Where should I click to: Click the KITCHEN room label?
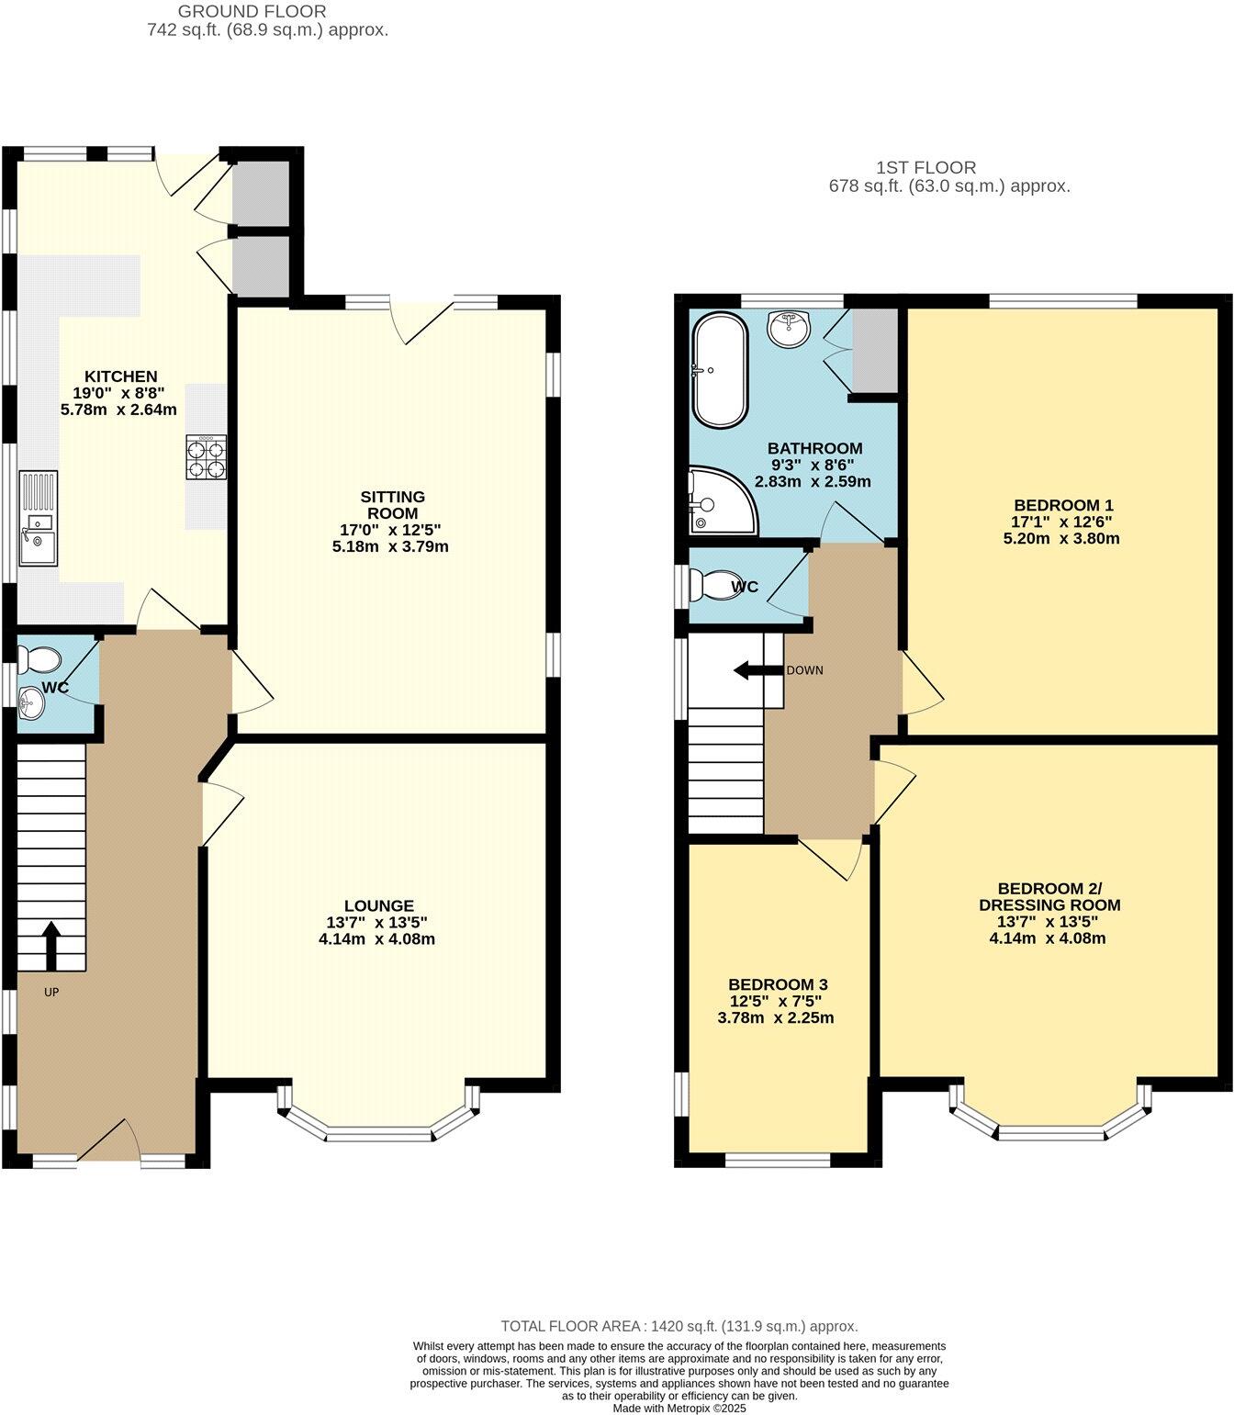coord(120,376)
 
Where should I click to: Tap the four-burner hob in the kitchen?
coord(207,457)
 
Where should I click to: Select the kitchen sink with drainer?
coord(38,518)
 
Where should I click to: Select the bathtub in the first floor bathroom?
coord(720,370)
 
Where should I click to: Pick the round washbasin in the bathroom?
coord(789,329)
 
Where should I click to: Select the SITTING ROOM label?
coord(392,505)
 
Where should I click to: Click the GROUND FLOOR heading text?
coord(252,12)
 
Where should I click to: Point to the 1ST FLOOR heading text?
coord(925,168)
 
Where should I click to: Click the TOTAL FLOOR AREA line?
coord(679,1326)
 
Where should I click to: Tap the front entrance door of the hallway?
coord(109,1141)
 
